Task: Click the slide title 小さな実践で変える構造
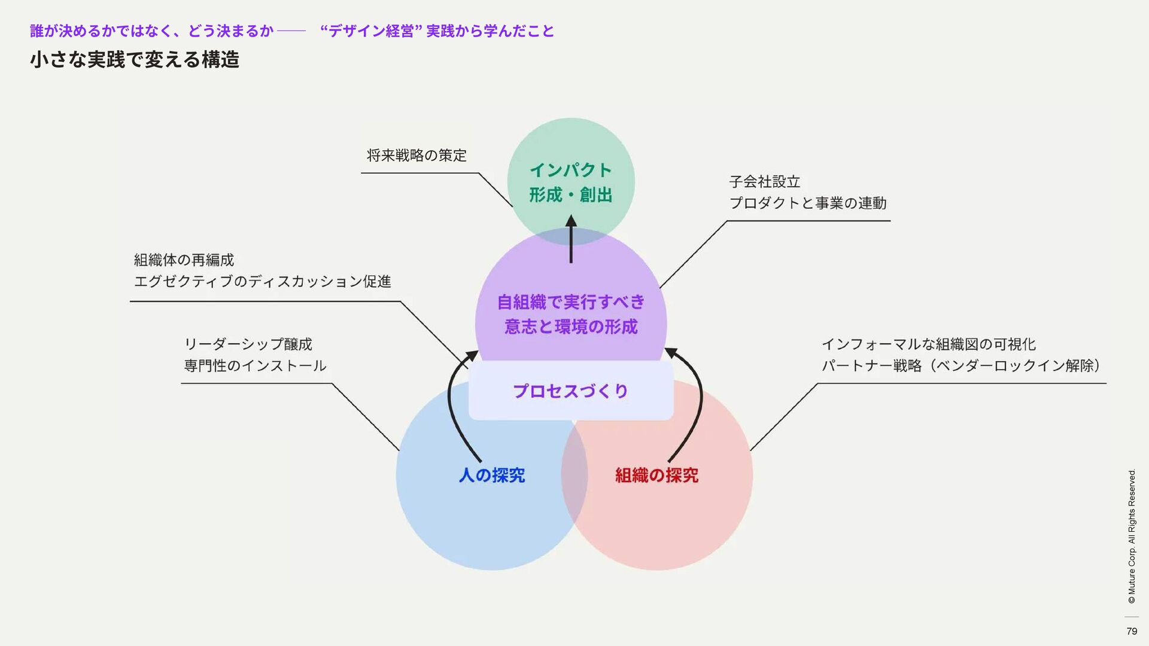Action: (x=135, y=60)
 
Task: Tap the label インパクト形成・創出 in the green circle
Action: (x=570, y=182)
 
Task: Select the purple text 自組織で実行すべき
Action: (x=570, y=302)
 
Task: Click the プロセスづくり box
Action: (x=570, y=391)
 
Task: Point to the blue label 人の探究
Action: (x=491, y=476)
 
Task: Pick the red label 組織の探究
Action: (x=656, y=476)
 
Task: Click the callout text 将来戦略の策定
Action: (x=417, y=156)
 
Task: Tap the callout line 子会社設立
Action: (x=764, y=182)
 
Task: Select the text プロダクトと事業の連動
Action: (x=807, y=203)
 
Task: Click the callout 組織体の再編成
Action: (x=184, y=260)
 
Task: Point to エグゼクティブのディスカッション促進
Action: (x=262, y=282)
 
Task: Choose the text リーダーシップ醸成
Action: (x=248, y=345)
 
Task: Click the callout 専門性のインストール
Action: (x=255, y=366)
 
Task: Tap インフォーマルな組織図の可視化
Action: (x=928, y=345)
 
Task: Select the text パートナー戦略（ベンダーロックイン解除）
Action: (x=961, y=366)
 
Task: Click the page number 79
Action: (x=1131, y=631)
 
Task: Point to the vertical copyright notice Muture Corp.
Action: (x=1131, y=536)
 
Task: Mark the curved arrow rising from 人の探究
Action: (x=455, y=407)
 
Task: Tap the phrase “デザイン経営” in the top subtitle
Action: (x=371, y=31)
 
